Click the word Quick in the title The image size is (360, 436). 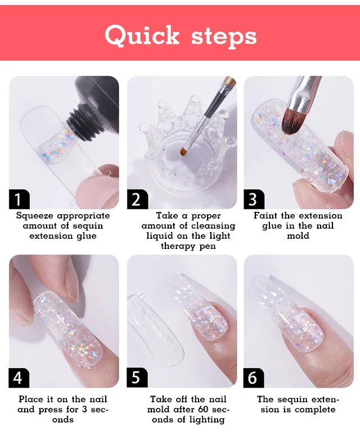(x=142, y=36)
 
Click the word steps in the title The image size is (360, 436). (x=224, y=37)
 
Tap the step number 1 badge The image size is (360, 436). (x=19, y=199)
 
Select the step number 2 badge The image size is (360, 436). (x=137, y=199)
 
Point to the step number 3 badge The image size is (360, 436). (x=254, y=199)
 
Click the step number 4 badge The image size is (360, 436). (x=19, y=378)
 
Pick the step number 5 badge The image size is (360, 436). (x=137, y=378)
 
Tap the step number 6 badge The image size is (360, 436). (x=254, y=378)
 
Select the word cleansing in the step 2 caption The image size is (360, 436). (x=211, y=226)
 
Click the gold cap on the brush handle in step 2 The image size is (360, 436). (x=230, y=81)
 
